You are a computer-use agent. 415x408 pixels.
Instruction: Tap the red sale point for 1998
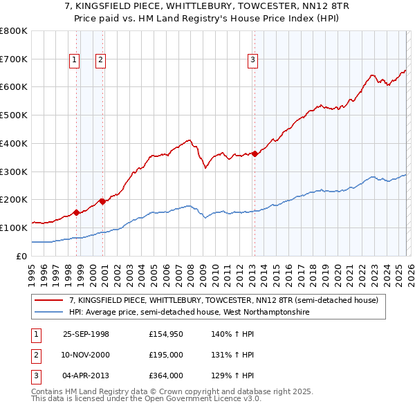76,212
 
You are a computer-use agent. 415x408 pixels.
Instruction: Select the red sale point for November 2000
102,201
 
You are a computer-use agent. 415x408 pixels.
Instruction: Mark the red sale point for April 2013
255,154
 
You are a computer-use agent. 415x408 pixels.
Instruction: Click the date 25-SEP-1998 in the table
86,334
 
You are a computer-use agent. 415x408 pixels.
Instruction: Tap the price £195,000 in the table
166,355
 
